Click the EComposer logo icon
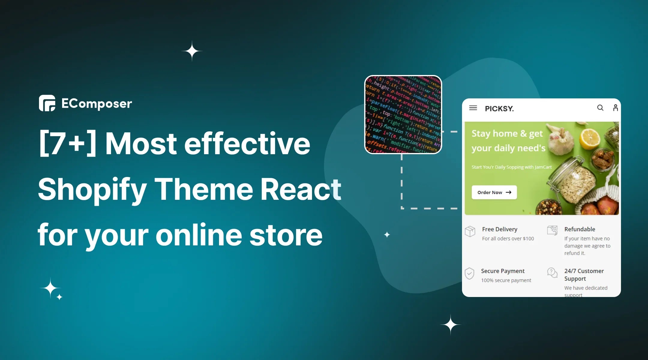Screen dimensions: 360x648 click(47, 103)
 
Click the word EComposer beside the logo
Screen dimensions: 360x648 click(97, 104)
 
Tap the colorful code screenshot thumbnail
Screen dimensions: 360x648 click(403, 115)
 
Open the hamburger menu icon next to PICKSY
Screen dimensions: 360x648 click(473, 108)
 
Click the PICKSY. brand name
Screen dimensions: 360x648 click(499, 109)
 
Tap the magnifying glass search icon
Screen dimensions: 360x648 click(600, 108)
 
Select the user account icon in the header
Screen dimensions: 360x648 click(615, 108)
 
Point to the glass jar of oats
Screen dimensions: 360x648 click(573, 180)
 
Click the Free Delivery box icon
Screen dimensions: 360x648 click(470, 231)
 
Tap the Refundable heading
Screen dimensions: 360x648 click(580, 229)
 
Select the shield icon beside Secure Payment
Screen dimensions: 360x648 click(469, 273)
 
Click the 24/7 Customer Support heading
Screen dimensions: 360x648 click(584, 274)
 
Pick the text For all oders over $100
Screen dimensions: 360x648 click(508, 238)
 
